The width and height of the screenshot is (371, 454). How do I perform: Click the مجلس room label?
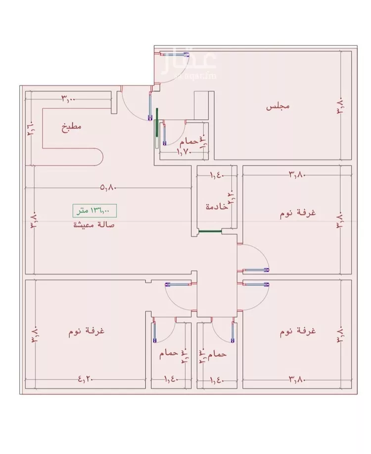278,106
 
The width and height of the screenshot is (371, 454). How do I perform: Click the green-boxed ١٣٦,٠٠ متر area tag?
94,210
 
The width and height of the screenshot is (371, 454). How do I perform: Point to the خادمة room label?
217,207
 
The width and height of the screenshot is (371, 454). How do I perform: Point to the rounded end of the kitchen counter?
98,158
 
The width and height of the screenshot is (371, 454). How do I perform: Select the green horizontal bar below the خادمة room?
209,230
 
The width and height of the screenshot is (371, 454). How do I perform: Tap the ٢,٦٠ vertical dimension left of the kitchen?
30,131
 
